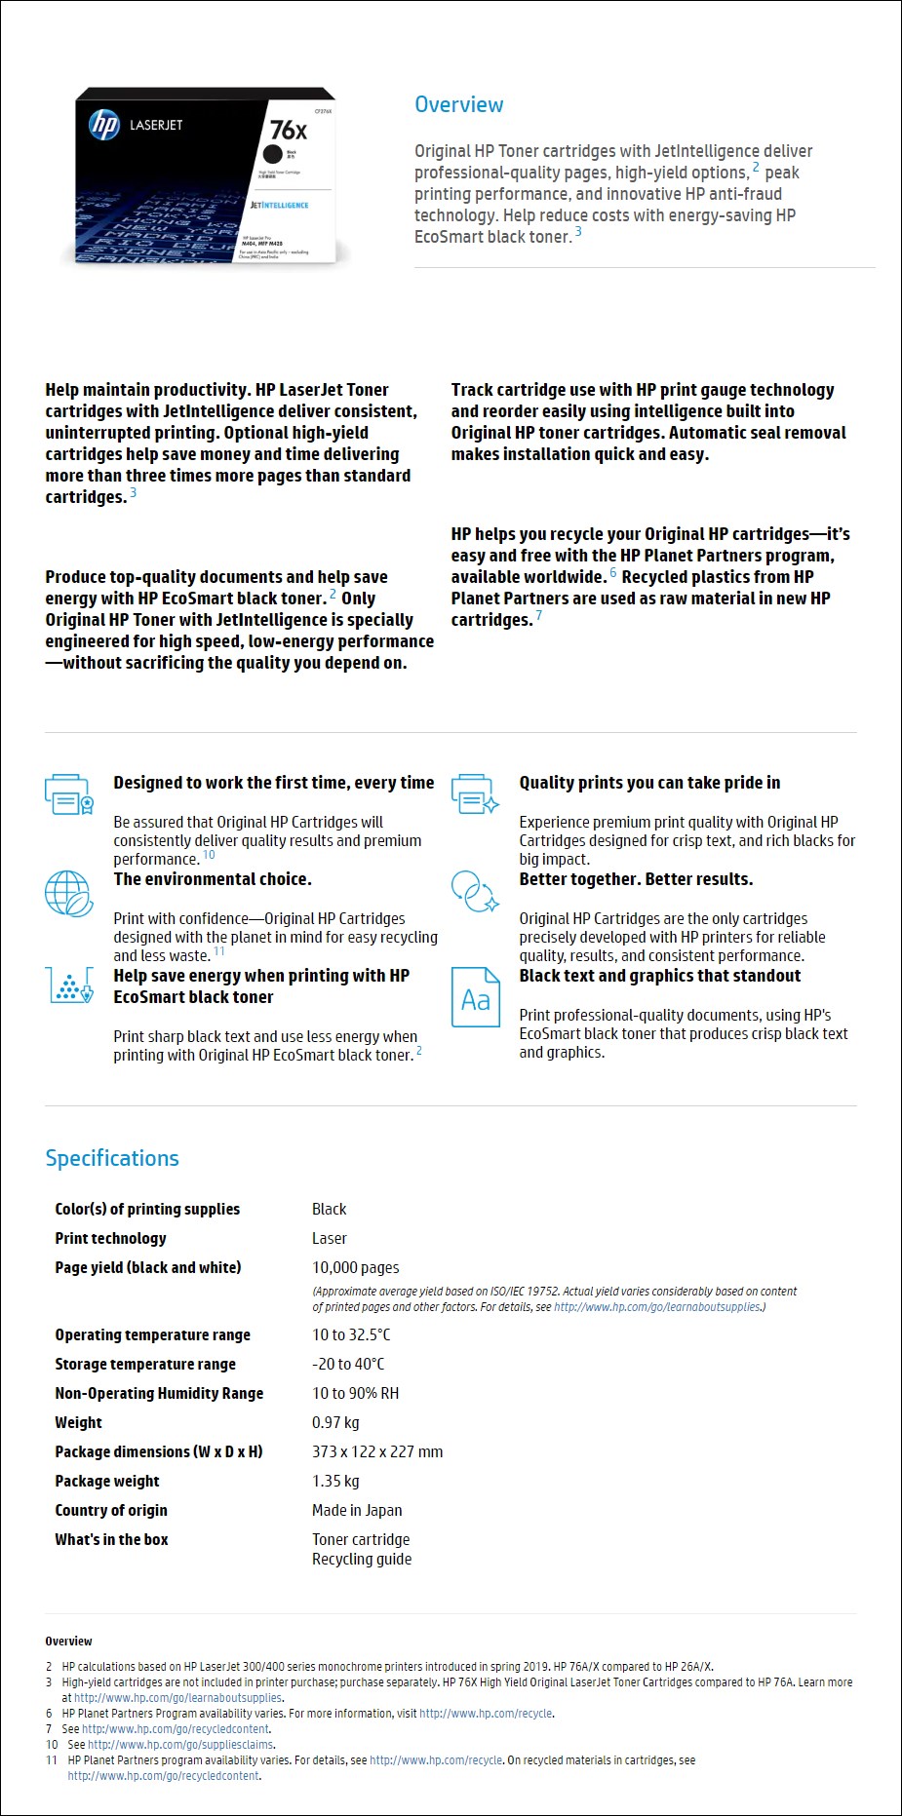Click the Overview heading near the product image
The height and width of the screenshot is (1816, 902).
458,104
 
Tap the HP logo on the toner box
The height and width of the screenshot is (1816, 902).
104,125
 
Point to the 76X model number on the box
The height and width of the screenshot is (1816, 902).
288,130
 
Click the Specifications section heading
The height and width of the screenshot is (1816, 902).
112,1158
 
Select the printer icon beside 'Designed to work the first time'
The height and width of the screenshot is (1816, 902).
68,793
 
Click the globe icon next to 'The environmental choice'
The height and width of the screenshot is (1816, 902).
68,892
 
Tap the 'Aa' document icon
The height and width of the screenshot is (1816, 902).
475,997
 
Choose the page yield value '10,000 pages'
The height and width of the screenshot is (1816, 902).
355,1267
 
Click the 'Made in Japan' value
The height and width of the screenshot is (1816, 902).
357,1510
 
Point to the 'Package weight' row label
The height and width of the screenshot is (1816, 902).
107,1481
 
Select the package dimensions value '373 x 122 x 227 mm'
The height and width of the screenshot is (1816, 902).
377,1451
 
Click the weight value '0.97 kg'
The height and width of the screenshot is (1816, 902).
335,1422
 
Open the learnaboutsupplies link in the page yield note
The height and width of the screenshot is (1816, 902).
657,1307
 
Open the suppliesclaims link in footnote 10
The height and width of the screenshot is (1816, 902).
180,1744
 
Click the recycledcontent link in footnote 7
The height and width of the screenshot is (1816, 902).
176,1728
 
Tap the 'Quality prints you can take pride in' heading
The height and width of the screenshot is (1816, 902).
649,783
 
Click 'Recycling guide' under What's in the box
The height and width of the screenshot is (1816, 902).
362,1559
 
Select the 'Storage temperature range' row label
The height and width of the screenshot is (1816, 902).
145,1364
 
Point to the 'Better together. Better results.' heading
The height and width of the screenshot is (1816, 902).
636,879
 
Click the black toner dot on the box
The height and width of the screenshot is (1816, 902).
272,154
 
